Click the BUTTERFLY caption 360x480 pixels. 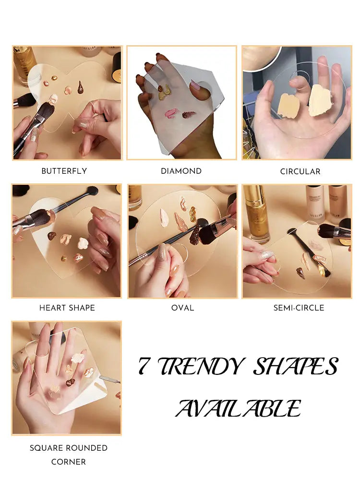(x=64, y=171)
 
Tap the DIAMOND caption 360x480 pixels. (x=181, y=171)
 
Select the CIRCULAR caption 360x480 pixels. (x=300, y=171)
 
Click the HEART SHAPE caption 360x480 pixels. (x=67, y=308)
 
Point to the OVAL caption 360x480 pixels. (x=182, y=308)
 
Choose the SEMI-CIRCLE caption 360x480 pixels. (x=299, y=308)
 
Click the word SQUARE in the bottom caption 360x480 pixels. (x=46, y=448)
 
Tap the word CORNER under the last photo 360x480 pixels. (x=69, y=462)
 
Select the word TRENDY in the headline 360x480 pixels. (x=202, y=367)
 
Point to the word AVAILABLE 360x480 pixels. (x=238, y=409)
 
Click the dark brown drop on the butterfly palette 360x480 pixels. (x=80, y=87)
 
